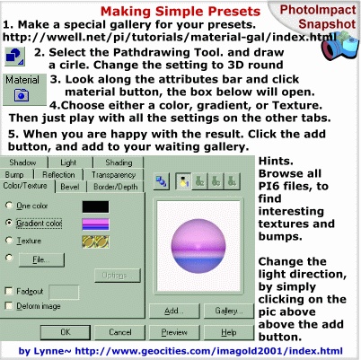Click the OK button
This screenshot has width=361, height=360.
click(x=66, y=332)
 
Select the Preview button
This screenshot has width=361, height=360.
click(x=174, y=332)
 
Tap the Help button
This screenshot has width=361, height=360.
click(x=229, y=332)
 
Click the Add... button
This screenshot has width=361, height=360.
click(x=174, y=312)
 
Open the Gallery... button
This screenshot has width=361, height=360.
click(x=229, y=312)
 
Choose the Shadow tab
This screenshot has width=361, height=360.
click(x=23, y=162)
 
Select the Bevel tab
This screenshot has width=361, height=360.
click(x=70, y=187)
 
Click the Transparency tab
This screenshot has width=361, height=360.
click(x=114, y=175)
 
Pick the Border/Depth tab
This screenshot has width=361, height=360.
click(x=116, y=187)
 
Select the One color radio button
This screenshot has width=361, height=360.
click(x=9, y=206)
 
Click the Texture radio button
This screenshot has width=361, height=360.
click(x=9, y=240)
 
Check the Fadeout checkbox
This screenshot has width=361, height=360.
click(x=9, y=291)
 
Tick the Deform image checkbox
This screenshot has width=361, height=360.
click(x=9, y=305)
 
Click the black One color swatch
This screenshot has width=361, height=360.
click(x=95, y=206)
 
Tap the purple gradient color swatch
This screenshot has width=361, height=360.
click(x=95, y=224)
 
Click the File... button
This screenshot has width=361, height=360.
click(x=41, y=259)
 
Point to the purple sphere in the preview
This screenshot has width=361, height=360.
click(x=198, y=246)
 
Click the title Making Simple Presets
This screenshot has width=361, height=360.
click(x=180, y=12)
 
